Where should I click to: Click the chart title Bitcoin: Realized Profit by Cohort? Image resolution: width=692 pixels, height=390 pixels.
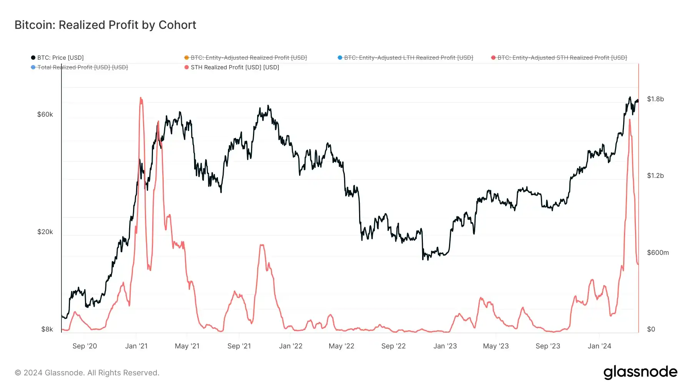[x=105, y=25]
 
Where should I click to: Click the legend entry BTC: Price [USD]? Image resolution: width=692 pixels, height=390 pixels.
[x=60, y=58]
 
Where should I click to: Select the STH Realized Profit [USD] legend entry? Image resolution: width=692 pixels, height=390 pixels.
[x=235, y=67]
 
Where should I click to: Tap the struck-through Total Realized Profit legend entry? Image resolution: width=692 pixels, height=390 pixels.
[x=82, y=67]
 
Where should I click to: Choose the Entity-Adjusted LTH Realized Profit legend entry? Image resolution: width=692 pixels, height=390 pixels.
[x=408, y=58]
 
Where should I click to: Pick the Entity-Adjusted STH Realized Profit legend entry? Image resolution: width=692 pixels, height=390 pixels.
[x=562, y=58]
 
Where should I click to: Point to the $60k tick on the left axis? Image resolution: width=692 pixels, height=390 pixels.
[x=45, y=114]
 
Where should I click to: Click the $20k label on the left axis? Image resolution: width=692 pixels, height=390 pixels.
[x=45, y=232]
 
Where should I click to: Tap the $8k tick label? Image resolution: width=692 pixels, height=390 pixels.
[x=47, y=329]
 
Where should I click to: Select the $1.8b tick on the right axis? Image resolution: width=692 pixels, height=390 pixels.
[x=655, y=99]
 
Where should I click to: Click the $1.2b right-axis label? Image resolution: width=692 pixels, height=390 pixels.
[x=655, y=176]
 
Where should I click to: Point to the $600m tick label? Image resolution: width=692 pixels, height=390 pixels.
[x=657, y=253]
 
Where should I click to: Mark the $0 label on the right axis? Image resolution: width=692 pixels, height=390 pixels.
[x=651, y=329]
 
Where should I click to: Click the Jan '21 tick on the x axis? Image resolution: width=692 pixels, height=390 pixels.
[x=136, y=346]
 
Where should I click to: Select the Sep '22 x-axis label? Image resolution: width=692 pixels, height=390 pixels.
[x=393, y=346]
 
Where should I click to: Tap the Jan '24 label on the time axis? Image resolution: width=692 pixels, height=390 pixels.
[x=599, y=346]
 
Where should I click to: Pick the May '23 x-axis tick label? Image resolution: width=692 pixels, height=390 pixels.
[x=496, y=346]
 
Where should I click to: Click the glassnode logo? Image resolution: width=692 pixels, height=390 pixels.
[x=640, y=372]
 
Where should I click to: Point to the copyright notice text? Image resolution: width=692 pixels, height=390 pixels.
[x=87, y=373]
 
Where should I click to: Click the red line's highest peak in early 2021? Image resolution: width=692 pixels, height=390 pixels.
[x=141, y=98]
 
